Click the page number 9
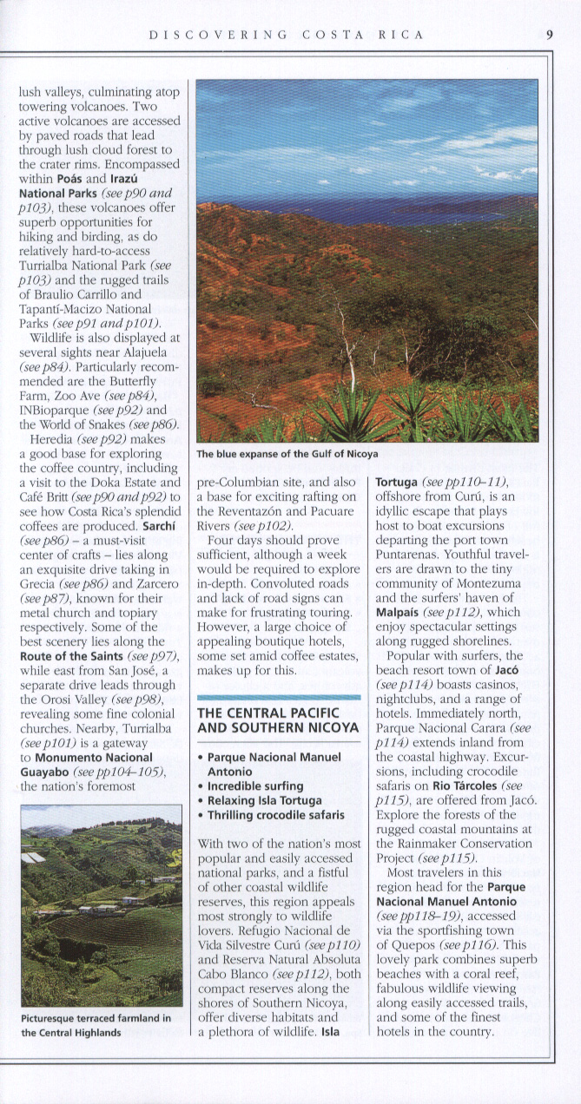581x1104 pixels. (550, 35)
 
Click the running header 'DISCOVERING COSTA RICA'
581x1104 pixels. (287, 35)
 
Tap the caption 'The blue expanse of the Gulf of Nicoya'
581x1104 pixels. (287, 454)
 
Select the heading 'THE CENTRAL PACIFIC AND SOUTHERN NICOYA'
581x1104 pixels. (278, 720)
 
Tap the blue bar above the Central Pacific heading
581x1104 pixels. (278, 697)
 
